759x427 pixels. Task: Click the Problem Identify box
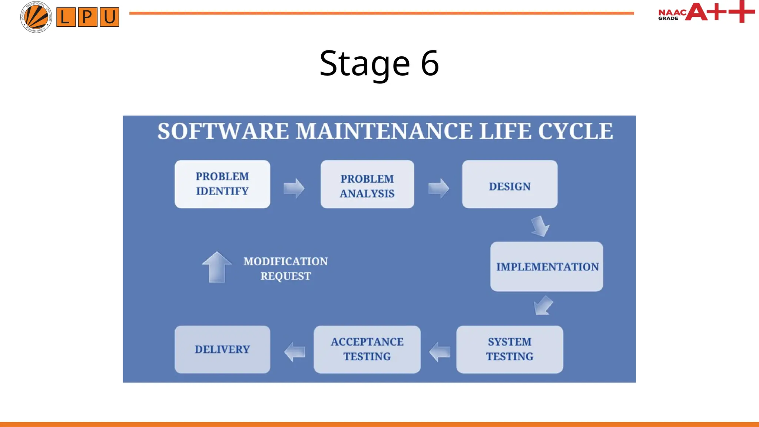pyautogui.click(x=222, y=184)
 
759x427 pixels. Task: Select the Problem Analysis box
pyautogui.click(x=367, y=184)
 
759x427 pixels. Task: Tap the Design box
pyautogui.click(x=510, y=184)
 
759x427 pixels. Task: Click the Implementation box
pyautogui.click(x=547, y=267)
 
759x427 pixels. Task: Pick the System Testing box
pyautogui.click(x=510, y=349)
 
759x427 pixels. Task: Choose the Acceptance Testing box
pyautogui.click(x=367, y=349)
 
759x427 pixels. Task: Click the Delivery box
pyautogui.click(x=222, y=349)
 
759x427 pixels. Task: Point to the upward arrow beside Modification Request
pyautogui.click(x=217, y=267)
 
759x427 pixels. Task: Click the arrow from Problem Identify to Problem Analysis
pyautogui.click(x=294, y=188)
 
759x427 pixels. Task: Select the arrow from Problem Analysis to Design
pyautogui.click(x=439, y=188)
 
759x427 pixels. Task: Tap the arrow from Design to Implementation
pyautogui.click(x=540, y=226)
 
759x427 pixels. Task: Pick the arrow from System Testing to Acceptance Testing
pyautogui.click(x=440, y=352)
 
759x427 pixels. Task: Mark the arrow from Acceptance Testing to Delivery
pyautogui.click(x=295, y=352)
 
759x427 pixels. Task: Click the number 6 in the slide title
pyautogui.click(x=430, y=63)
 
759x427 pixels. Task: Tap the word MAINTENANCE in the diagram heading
pyautogui.click(x=384, y=131)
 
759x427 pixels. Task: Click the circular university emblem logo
pyautogui.click(x=36, y=17)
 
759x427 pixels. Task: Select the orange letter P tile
pyautogui.click(x=87, y=17)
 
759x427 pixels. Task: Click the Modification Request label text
pyautogui.click(x=285, y=268)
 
